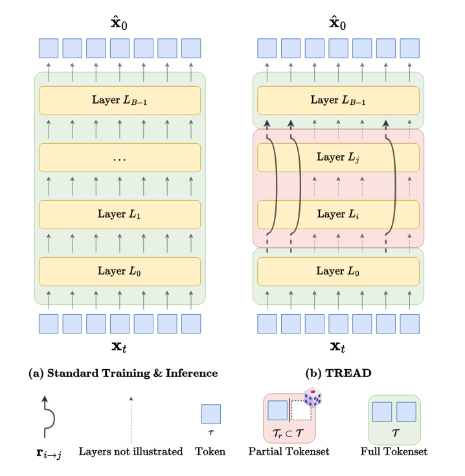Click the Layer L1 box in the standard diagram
pyautogui.click(x=120, y=214)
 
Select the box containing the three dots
pyautogui.click(x=120, y=157)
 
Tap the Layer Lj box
pyautogui.click(x=338, y=157)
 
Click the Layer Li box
pyautogui.click(x=338, y=214)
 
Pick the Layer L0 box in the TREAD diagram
pyautogui.click(x=338, y=271)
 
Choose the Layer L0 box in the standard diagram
pyautogui.click(x=120, y=271)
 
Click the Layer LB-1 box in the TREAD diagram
pyautogui.click(x=338, y=100)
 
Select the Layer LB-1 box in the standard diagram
pyautogui.click(x=120, y=100)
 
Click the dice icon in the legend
pyautogui.click(x=313, y=396)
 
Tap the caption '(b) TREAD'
pyautogui.click(x=338, y=373)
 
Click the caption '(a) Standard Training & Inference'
pyautogui.click(x=123, y=373)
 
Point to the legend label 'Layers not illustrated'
pyautogui.click(x=131, y=451)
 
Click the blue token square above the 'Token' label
pyautogui.click(x=210, y=414)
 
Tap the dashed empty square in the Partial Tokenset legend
pyautogui.click(x=301, y=410)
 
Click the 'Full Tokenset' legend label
pyautogui.click(x=394, y=451)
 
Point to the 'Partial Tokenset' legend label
pyautogui.click(x=289, y=451)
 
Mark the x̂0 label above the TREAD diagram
pyautogui.click(x=337, y=22)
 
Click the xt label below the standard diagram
pyautogui.click(x=119, y=347)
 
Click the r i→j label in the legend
pyautogui.click(x=49, y=453)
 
